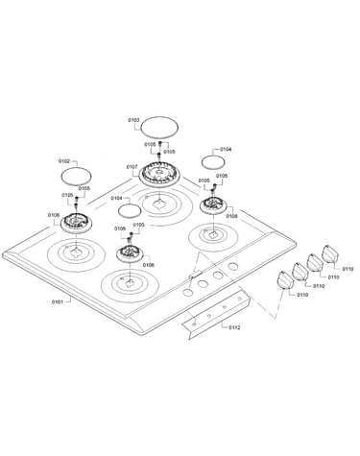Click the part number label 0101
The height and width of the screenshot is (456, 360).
tap(57, 301)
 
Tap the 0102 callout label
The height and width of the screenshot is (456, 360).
tap(63, 161)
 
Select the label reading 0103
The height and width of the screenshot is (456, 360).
tap(133, 120)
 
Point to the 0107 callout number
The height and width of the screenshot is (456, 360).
tap(132, 167)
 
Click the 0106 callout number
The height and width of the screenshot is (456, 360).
tap(54, 215)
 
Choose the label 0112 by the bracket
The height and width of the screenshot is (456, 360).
tap(234, 327)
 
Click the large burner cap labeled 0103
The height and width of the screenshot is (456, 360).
tap(159, 128)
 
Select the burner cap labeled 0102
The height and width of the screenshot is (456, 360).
tap(76, 176)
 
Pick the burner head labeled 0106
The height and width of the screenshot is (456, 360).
tap(76, 222)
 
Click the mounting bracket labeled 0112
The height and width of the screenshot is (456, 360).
tap(216, 314)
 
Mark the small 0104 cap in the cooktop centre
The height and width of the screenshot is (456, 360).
tap(130, 211)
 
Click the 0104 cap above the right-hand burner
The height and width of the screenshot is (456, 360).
tap(213, 161)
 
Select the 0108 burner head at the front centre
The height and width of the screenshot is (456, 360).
tap(130, 254)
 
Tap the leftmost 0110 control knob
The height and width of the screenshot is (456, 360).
tap(284, 280)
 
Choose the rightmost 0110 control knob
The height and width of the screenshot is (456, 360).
tap(329, 253)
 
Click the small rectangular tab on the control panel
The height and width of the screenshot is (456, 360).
tap(195, 275)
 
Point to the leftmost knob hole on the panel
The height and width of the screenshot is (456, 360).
tap(187, 292)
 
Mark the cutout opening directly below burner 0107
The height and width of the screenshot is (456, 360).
tap(158, 204)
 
